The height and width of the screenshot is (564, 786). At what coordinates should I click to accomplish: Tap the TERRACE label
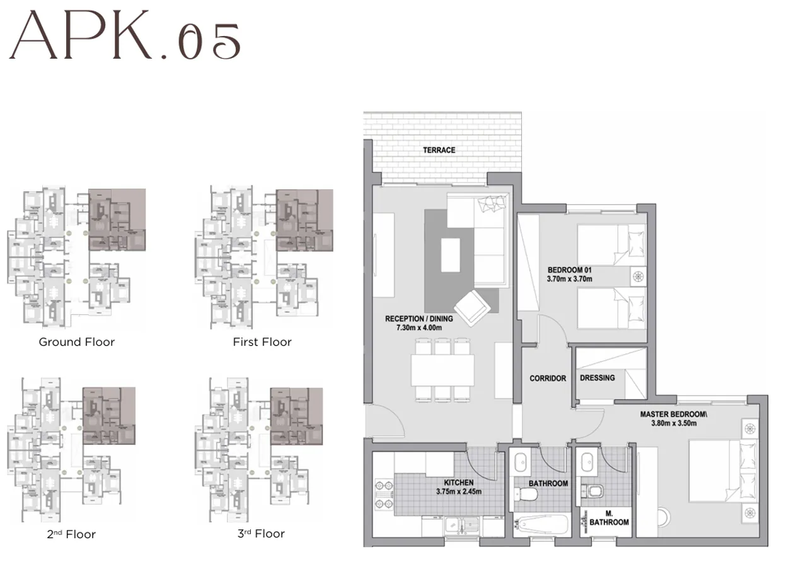439,150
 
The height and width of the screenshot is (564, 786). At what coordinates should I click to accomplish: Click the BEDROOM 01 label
570,274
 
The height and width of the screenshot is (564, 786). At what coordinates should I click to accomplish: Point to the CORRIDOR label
548,379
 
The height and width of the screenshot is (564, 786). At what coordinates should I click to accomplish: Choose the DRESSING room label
597,378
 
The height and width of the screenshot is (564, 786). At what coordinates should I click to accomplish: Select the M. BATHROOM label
609,518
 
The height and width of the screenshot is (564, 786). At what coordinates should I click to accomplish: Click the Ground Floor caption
77,342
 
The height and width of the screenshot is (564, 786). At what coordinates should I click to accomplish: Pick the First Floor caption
262,342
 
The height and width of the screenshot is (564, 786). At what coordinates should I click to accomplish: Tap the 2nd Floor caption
71,534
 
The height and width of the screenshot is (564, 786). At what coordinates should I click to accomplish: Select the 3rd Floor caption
261,534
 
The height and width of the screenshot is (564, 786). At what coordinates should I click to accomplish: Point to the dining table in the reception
442,370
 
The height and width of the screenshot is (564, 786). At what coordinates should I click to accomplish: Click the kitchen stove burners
382,496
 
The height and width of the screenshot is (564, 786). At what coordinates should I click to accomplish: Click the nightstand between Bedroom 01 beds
639,276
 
